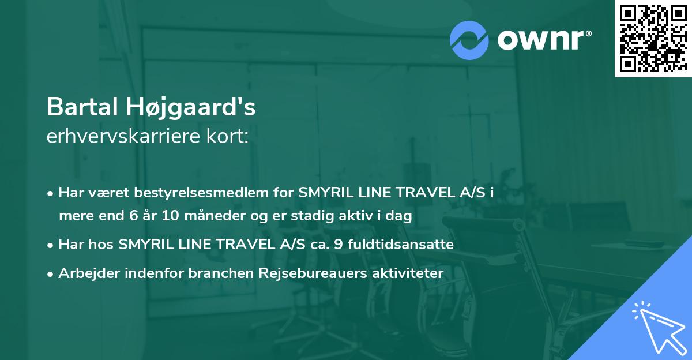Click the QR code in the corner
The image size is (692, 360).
(x=653, y=38)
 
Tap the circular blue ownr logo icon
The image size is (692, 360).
(x=469, y=40)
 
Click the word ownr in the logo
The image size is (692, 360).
(x=542, y=40)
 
